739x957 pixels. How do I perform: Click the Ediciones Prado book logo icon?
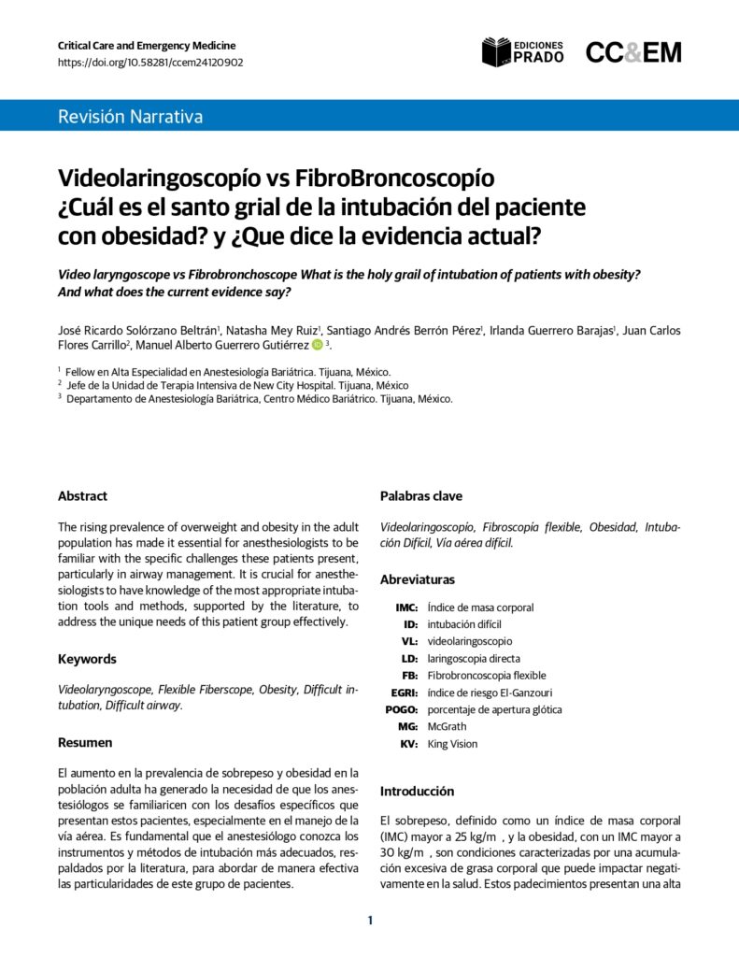click(x=497, y=52)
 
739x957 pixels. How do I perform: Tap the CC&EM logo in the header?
click(x=633, y=52)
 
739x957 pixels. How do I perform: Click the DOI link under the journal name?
click(x=150, y=63)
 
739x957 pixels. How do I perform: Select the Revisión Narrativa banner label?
click(x=130, y=117)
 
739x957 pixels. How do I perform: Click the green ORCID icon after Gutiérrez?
click(x=317, y=346)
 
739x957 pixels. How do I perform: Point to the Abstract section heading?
click(x=82, y=496)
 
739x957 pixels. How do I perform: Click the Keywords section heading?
click(x=87, y=659)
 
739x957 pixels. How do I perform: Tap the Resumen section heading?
click(x=85, y=742)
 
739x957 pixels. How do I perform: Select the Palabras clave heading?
click(x=420, y=496)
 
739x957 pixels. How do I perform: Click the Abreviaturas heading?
click(x=418, y=579)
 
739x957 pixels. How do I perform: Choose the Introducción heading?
click(x=417, y=791)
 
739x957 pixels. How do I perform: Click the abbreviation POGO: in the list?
click(x=402, y=709)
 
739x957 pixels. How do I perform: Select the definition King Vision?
click(x=452, y=744)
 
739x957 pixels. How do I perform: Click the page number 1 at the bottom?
click(x=370, y=921)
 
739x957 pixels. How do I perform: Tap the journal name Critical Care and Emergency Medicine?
click(x=147, y=45)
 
